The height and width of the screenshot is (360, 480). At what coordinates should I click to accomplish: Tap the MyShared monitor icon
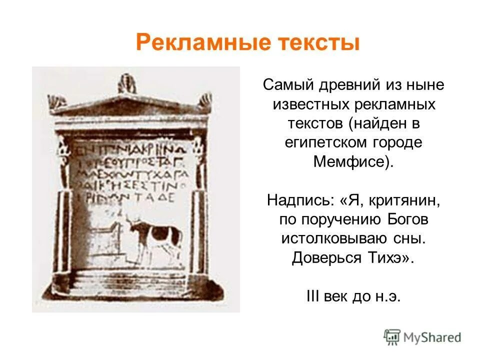coord(392,337)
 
